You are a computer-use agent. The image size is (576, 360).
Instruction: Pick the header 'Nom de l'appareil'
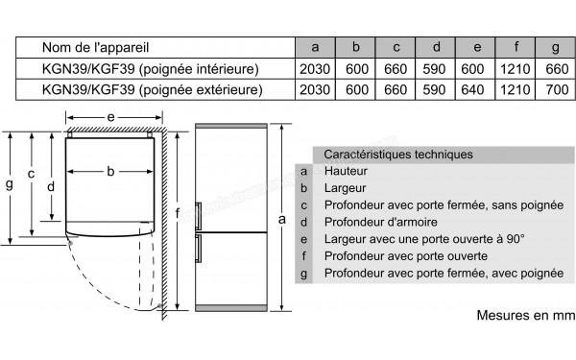click(96, 46)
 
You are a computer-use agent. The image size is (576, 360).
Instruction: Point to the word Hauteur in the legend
click(348, 171)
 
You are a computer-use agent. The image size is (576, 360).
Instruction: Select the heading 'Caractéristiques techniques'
click(397, 154)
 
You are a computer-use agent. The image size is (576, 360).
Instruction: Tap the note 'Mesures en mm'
click(523, 315)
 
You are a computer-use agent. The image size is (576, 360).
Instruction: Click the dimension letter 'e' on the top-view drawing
click(111, 117)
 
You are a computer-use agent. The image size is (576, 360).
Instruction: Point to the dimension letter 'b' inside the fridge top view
click(111, 172)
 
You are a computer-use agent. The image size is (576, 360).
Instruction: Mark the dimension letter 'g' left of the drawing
click(10, 185)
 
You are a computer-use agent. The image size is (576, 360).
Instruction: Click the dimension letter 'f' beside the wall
click(180, 213)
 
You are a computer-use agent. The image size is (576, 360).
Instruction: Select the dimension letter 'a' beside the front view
click(281, 220)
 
